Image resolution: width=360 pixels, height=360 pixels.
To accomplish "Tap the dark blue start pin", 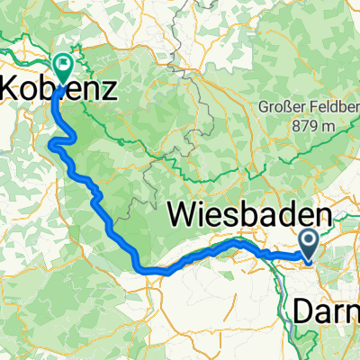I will tap(308, 241).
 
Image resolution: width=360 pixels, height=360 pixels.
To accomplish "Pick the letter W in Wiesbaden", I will tap(184, 217).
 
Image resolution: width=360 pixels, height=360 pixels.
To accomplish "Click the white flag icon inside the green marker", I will tap(63, 63).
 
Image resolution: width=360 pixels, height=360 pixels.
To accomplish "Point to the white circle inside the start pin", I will tap(308, 238).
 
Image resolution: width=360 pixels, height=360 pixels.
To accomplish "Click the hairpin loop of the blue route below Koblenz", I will tap(61, 142).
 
